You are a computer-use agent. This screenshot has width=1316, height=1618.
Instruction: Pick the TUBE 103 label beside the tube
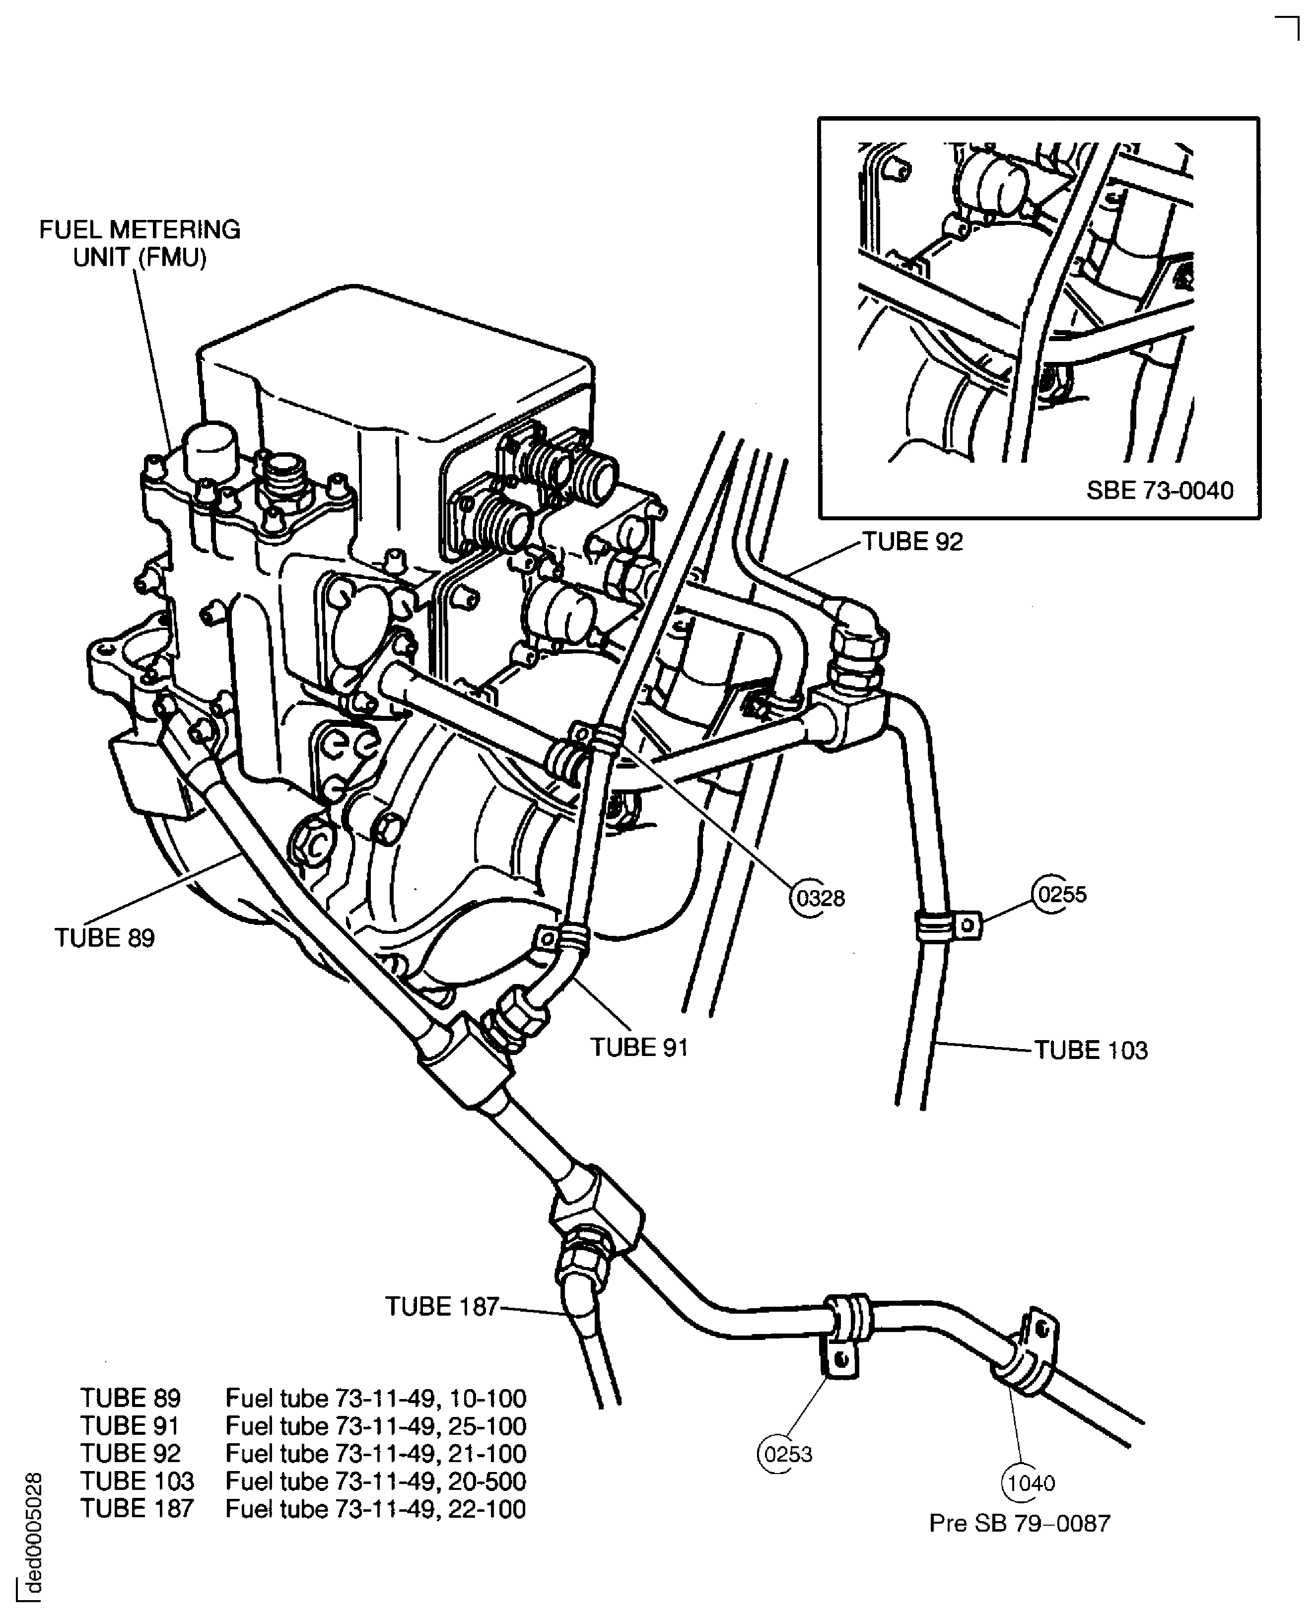[1090, 1051]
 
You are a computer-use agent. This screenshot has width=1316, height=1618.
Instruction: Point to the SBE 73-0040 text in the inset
[1159, 491]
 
